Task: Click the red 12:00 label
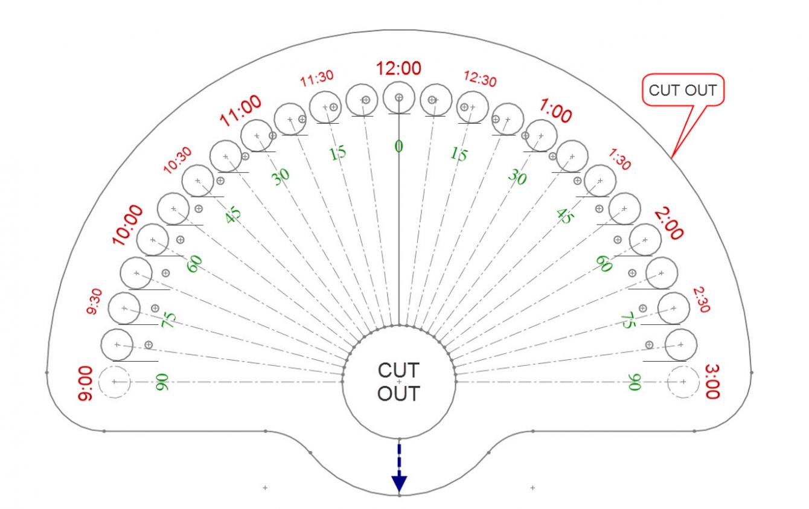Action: point(398,68)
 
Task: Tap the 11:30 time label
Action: point(317,78)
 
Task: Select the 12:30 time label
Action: point(480,78)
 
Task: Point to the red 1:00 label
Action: point(555,110)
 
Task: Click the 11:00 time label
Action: point(240,110)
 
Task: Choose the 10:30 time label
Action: point(177,160)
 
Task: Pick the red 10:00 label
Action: point(127,225)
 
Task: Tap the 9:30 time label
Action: point(94,301)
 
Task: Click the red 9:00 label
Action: point(85,383)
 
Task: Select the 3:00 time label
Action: point(712,382)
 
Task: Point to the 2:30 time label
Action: point(702,299)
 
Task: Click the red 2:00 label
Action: point(669,223)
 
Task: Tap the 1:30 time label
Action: point(619,159)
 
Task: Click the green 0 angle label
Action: point(398,146)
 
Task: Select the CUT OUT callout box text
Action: point(683,91)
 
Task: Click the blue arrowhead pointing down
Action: point(399,484)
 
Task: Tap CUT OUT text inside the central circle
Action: point(398,382)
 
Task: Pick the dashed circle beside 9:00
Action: point(98,382)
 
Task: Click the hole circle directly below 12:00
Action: point(398,82)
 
